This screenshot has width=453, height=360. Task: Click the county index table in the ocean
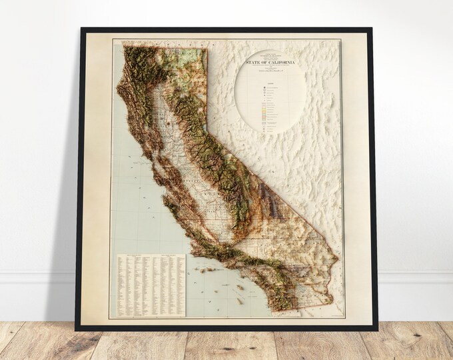pyautogui.click(x=151, y=285)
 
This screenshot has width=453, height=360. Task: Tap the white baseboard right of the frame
pyautogui.click(x=413, y=277)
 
